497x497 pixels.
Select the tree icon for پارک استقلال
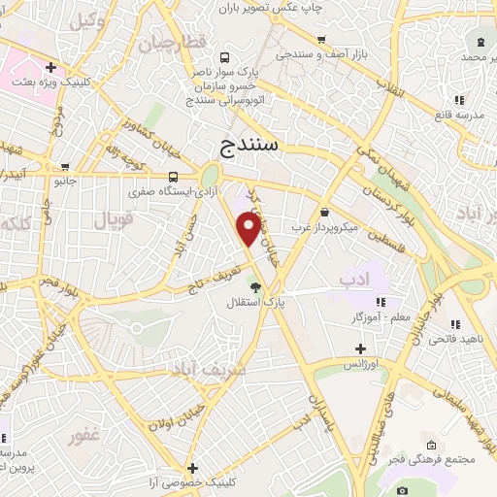tap(255, 287)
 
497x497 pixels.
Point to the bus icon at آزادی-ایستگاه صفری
tap(173, 176)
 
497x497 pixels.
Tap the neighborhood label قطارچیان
tap(175, 44)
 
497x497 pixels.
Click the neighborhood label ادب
tap(357, 281)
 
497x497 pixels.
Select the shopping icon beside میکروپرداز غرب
tap(323, 212)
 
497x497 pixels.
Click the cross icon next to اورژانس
tap(360, 348)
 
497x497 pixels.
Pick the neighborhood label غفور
tap(85, 436)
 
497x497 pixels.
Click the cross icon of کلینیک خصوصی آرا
tap(193, 468)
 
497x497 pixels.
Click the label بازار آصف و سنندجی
tap(325, 53)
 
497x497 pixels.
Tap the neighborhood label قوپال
tap(113, 220)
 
